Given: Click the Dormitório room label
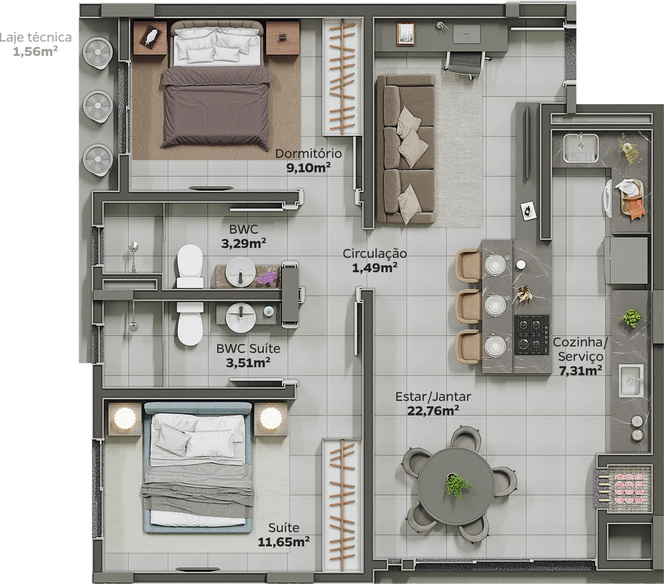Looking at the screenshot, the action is (x=308, y=153).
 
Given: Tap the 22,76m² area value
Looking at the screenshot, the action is (x=433, y=411).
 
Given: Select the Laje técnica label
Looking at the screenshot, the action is (x=36, y=38).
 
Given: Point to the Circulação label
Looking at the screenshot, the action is (x=375, y=253).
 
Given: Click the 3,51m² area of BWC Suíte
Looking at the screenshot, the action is (x=248, y=363).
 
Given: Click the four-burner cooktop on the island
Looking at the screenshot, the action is (x=531, y=335).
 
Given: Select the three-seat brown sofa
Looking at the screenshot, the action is (x=406, y=149).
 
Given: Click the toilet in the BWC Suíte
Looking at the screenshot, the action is (x=190, y=324).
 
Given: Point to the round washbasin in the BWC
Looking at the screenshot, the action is (x=240, y=272).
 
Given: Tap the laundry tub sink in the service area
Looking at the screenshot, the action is (x=581, y=148).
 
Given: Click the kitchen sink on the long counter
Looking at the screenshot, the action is (x=630, y=381).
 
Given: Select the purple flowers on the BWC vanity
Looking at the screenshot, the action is (x=268, y=278).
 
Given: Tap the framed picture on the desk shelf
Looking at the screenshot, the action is (x=405, y=34).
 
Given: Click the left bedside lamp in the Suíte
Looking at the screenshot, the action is (x=124, y=418).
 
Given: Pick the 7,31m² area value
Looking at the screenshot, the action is (x=580, y=371).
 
